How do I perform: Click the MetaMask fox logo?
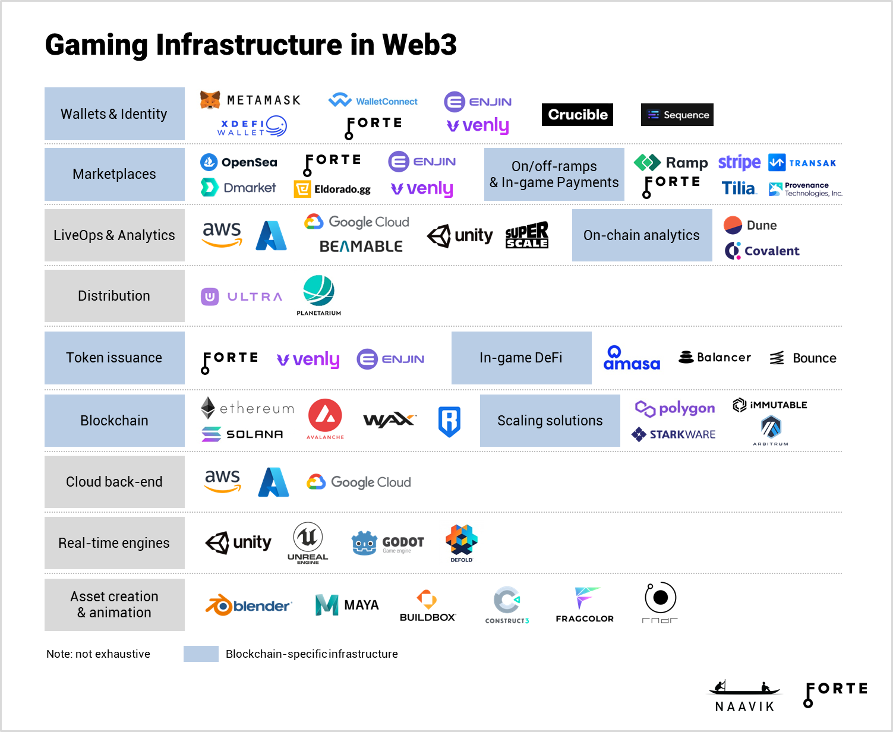pos(210,100)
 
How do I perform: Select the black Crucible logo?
pos(577,115)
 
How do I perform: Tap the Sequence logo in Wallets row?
pos(677,115)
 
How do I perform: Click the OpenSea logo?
pos(239,162)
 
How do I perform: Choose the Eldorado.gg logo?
pos(332,190)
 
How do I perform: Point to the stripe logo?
pos(739,162)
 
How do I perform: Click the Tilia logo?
pos(739,188)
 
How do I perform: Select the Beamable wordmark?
pos(361,246)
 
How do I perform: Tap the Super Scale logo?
pos(526,235)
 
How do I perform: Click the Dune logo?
pos(750,225)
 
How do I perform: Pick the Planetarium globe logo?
pos(318,291)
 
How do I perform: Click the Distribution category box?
pos(114,296)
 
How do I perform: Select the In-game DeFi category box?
pos(521,358)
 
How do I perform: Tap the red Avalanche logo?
pos(325,417)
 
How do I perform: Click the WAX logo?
pos(389,421)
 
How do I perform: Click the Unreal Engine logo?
pos(308,542)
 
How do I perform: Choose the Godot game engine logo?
pos(387,542)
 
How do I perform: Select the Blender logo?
pos(248,605)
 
